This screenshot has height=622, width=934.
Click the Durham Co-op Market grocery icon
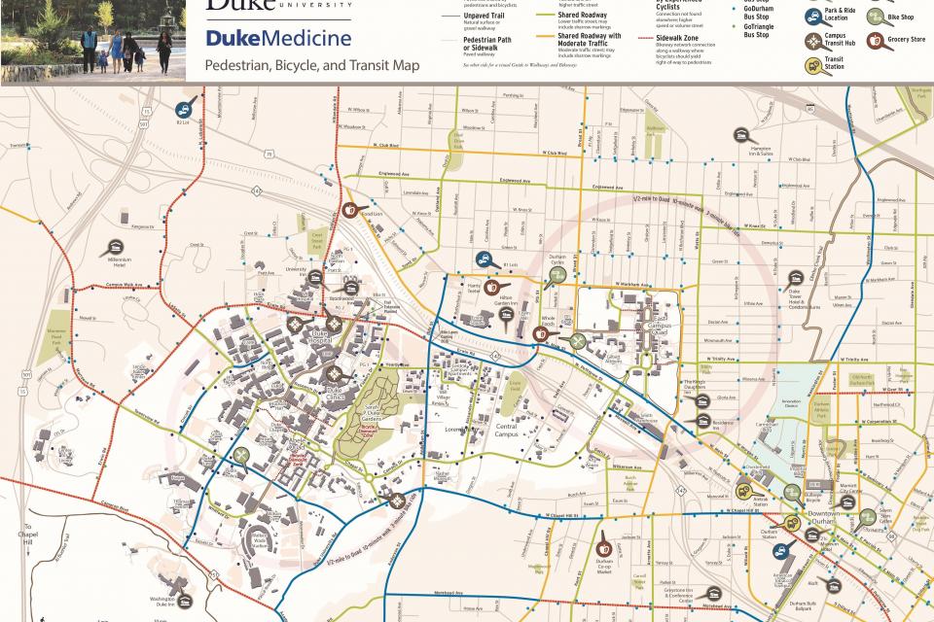(605, 537)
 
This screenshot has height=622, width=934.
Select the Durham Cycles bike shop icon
(557, 275)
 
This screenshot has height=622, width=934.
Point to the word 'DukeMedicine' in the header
(278, 40)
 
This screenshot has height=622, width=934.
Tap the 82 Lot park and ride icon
(183, 111)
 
